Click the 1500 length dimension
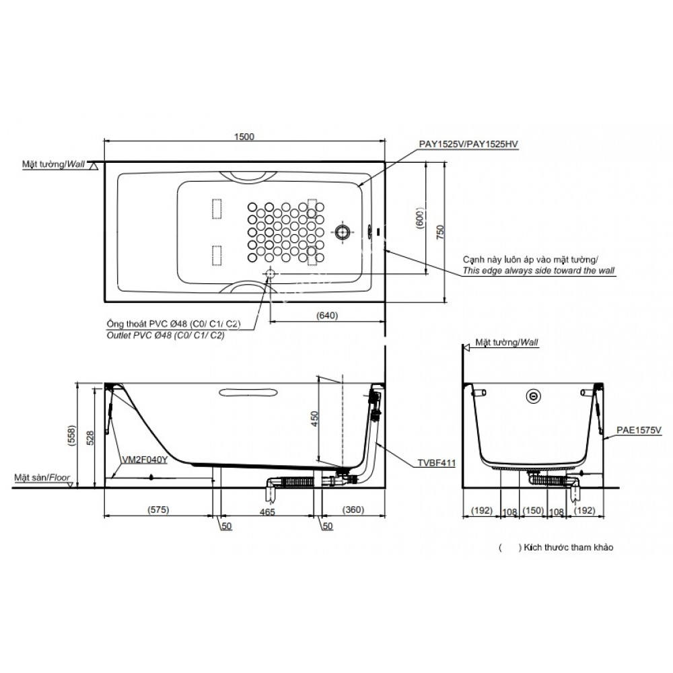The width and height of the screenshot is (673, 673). pyautogui.click(x=244, y=137)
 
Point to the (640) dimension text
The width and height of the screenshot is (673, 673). pyautogui.click(x=326, y=315)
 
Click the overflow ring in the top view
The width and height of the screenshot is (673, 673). pyautogui.click(x=343, y=233)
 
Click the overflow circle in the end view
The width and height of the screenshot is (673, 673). pyautogui.click(x=534, y=396)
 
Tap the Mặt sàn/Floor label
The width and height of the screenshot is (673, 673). pyautogui.click(x=42, y=477)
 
